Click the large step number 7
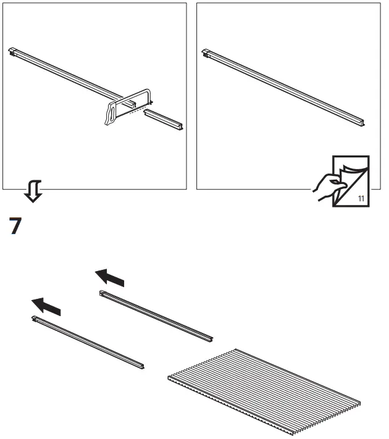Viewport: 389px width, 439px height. coord(16,226)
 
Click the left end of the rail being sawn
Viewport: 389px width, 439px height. coord(13,51)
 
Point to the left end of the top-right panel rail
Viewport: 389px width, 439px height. coord(206,53)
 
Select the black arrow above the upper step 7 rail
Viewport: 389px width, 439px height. coord(109,277)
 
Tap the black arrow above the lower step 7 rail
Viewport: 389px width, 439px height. coord(47,304)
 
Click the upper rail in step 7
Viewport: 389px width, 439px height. coord(156,316)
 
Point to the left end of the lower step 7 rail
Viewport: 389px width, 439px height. coord(36,319)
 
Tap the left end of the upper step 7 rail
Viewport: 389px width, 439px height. coord(103,294)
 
